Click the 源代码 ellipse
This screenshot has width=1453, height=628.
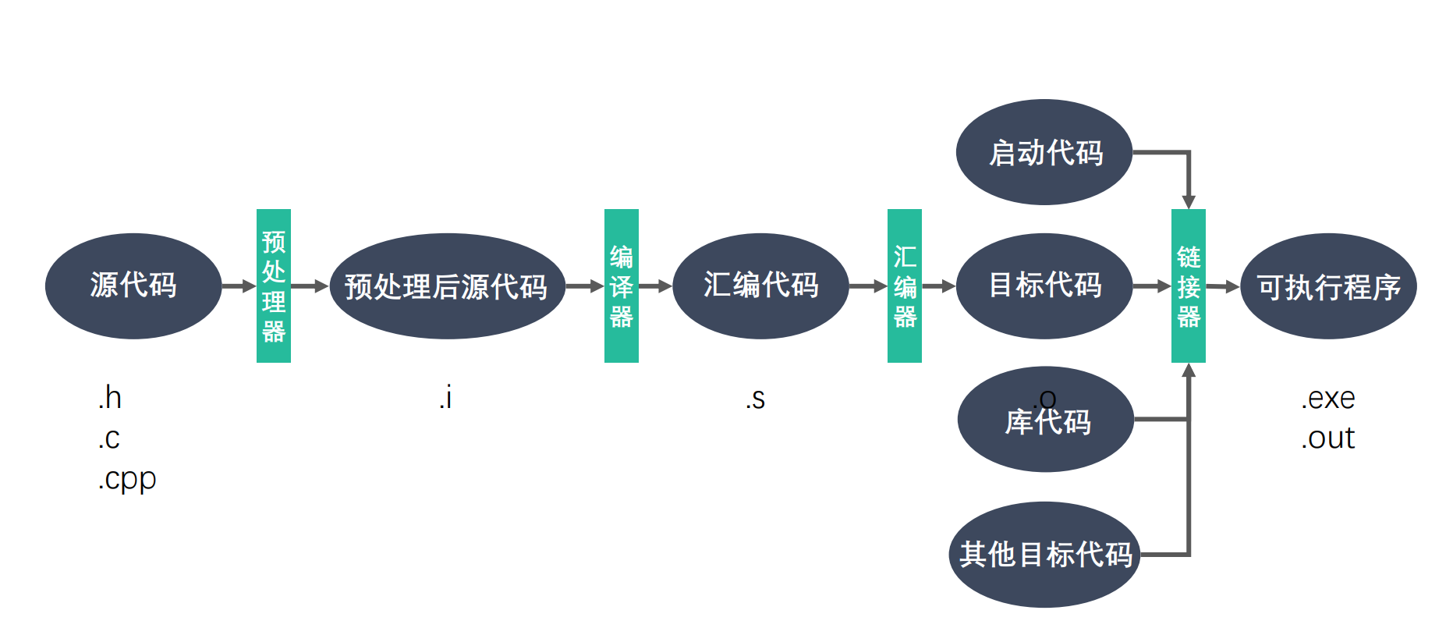pos(133,286)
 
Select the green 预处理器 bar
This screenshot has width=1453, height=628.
pos(274,286)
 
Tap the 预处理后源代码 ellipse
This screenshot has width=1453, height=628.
pos(447,286)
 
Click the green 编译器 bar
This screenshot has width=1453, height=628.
pos(622,286)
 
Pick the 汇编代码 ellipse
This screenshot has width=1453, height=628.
pos(760,286)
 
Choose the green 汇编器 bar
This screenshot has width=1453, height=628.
pos(905,286)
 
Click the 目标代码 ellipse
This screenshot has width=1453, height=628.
pos(1044,286)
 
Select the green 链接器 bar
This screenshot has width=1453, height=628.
pos(1189,286)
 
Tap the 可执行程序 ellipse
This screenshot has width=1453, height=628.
pos(1328,286)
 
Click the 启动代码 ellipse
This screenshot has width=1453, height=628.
pos(1044,152)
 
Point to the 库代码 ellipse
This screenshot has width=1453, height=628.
pos(1046,421)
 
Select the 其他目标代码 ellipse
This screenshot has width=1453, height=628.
pos(1045,555)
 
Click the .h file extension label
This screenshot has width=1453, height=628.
pos(110,398)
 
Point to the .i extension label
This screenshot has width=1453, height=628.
pos(445,398)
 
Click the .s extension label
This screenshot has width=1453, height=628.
pos(755,399)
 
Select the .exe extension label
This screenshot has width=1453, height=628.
pos(1327,399)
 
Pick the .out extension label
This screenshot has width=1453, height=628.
pos(1327,438)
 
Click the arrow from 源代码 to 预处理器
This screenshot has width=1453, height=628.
pos(239,286)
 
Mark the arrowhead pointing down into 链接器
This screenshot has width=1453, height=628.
pos(1189,201)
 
